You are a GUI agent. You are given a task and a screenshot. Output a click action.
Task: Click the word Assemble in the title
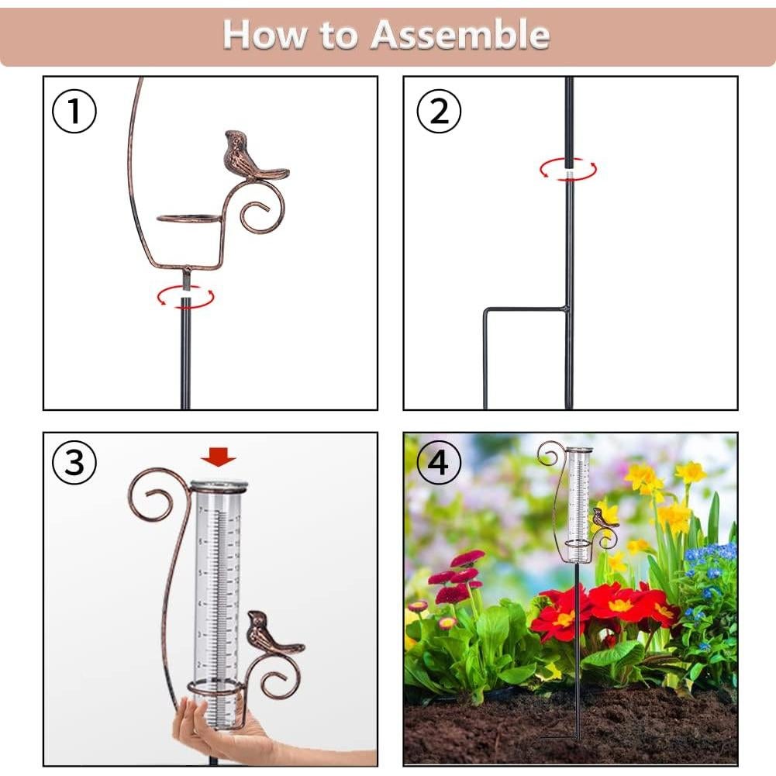pyautogui.click(x=460, y=35)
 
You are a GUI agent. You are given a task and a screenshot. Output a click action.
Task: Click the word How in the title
pyautogui.click(x=260, y=35)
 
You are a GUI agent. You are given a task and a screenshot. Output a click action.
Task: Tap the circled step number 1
pyautogui.click(x=74, y=112)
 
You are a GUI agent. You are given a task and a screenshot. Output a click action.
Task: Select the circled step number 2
pyautogui.click(x=439, y=112)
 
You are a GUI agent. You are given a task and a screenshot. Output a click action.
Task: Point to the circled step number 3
pyautogui.click(x=74, y=463)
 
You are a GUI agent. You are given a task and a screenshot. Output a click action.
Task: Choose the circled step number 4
pyautogui.click(x=439, y=463)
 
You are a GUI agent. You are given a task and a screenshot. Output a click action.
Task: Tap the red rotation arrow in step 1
pyautogui.click(x=185, y=296)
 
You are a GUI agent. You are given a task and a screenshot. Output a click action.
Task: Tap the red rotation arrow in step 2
pyautogui.click(x=568, y=168)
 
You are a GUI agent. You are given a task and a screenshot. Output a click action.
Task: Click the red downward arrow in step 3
pyautogui.click(x=219, y=458)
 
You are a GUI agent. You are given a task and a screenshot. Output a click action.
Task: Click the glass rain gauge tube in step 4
pyautogui.click(x=578, y=496)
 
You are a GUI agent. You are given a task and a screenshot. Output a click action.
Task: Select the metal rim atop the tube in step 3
pyautogui.click(x=219, y=487)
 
